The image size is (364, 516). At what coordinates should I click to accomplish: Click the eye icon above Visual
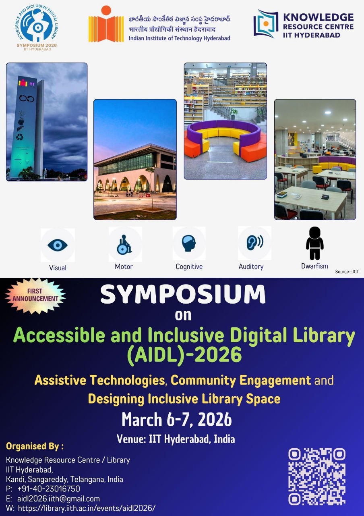point(58,245)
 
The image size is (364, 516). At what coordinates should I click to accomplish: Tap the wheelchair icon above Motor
point(124,245)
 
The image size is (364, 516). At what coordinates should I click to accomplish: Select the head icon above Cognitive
point(189,243)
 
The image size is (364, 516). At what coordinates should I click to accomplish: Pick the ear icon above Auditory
point(254,243)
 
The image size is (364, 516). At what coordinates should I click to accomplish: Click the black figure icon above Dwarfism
point(314,243)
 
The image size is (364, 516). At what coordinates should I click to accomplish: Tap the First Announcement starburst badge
point(35,295)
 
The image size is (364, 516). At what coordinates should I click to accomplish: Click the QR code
point(317,476)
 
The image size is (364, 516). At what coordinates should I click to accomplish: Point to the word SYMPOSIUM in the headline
point(183,295)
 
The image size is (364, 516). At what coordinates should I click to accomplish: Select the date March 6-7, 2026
point(177,420)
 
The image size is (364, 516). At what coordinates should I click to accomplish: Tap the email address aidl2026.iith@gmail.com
point(58,499)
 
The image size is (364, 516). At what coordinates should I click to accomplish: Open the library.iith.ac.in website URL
point(87,508)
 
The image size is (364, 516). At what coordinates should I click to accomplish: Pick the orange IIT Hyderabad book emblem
point(106,25)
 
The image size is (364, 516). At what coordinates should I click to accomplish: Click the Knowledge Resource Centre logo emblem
point(266,24)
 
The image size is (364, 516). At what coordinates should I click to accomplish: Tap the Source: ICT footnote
point(347,272)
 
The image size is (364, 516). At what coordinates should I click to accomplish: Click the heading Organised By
point(35,446)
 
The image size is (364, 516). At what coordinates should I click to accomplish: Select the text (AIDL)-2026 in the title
point(184,355)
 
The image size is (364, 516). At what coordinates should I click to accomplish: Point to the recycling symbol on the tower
point(20,137)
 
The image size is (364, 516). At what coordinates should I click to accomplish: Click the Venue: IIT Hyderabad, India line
point(176,439)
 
